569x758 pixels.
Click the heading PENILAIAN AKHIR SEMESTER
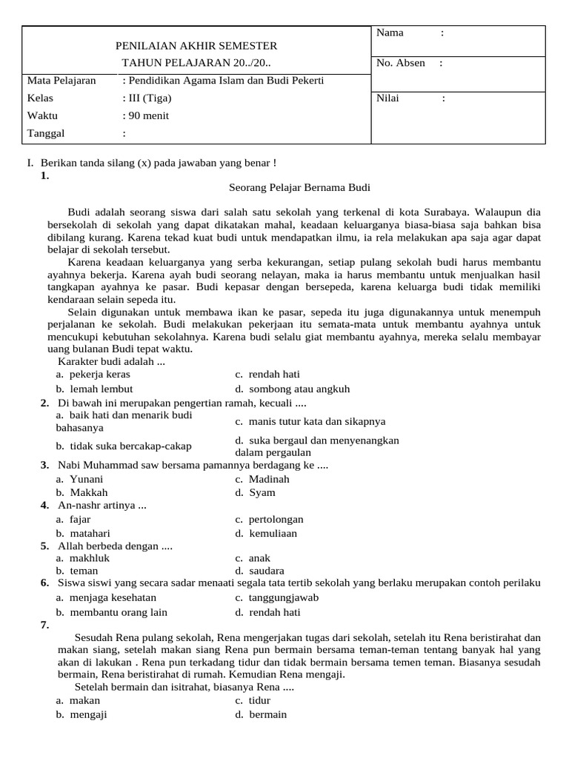tap(196, 46)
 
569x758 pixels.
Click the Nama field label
tap(390, 33)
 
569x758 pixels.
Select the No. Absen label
tap(401, 63)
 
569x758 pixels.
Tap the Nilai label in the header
tap(387, 98)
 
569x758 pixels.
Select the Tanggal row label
tap(46, 133)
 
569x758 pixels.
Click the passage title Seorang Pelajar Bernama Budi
tap(299, 188)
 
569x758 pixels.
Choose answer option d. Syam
tap(255, 492)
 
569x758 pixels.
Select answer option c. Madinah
tap(263, 479)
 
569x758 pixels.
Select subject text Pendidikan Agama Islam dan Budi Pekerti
tap(223, 81)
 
